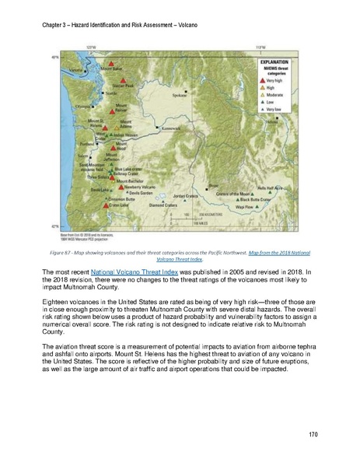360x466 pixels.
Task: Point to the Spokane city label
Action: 180,96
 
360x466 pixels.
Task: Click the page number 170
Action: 313,433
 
